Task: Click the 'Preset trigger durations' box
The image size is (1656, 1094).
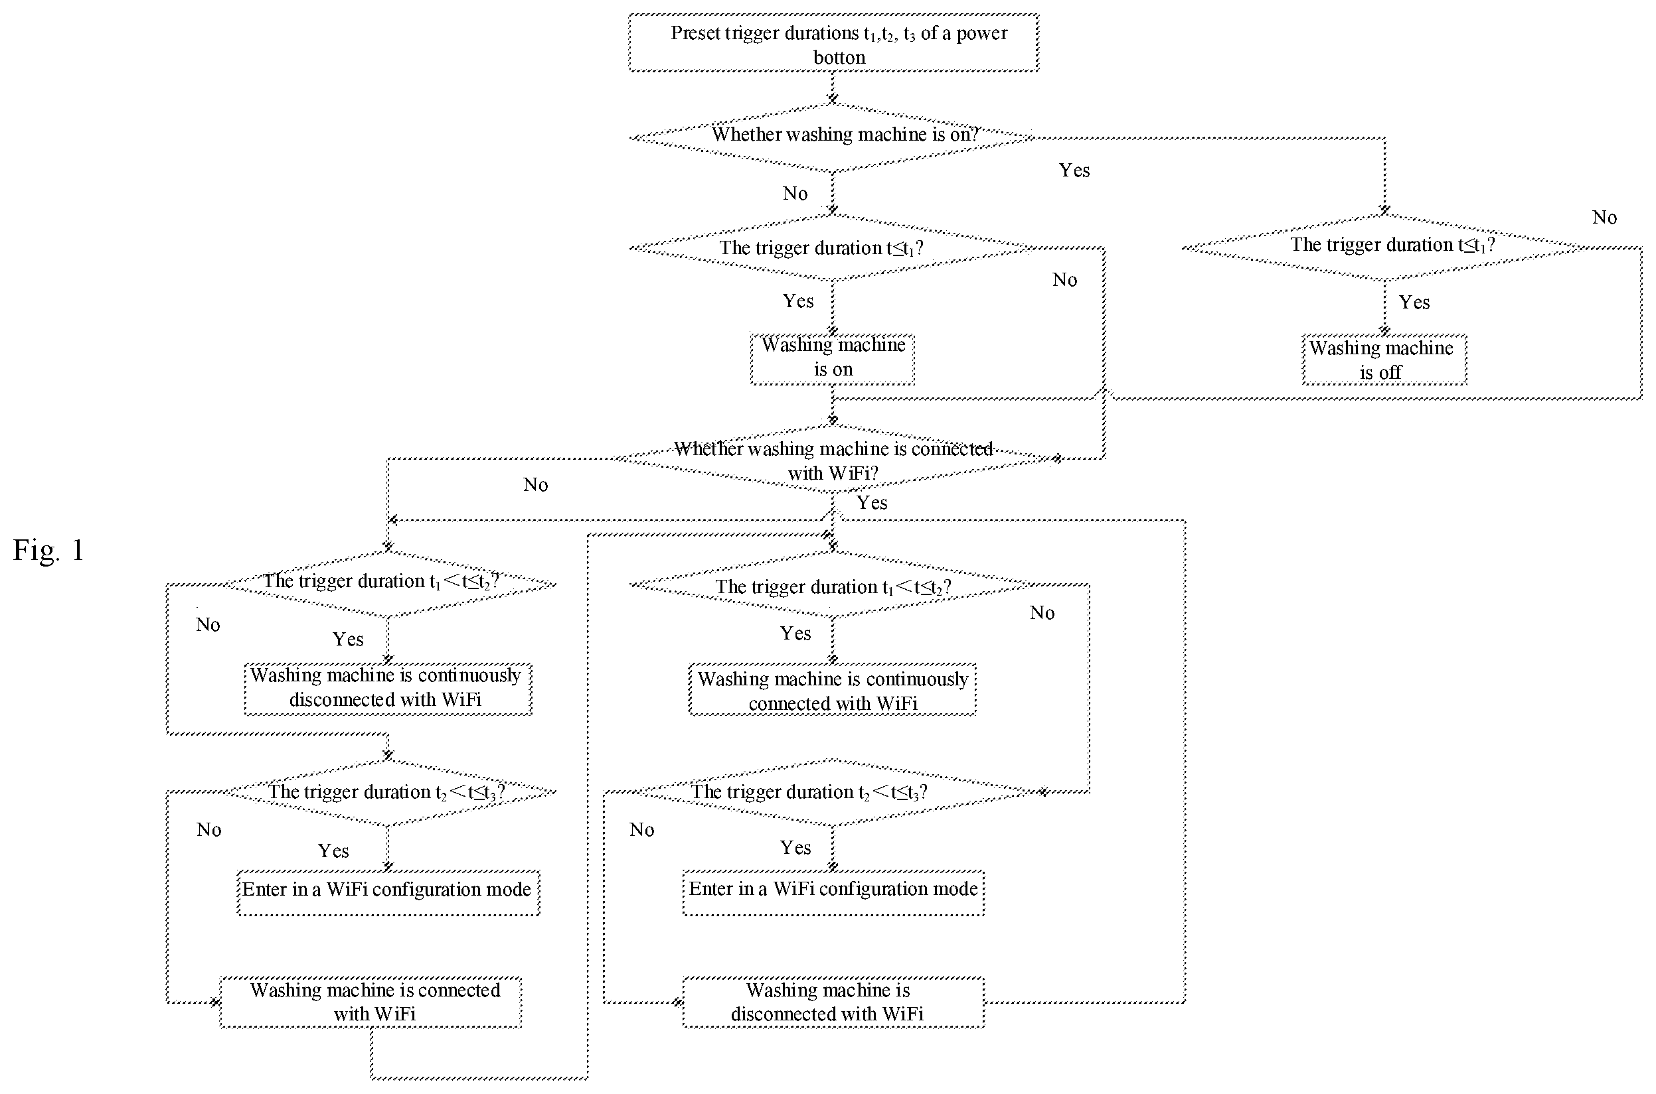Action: click(x=833, y=42)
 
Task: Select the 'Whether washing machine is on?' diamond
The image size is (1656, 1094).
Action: click(x=832, y=137)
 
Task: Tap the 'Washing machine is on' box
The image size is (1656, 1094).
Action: click(x=833, y=360)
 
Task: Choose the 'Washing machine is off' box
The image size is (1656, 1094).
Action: click(x=1384, y=360)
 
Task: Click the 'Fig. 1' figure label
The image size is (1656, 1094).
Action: click(x=49, y=551)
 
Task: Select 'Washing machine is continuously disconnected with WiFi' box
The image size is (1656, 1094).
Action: click(x=388, y=689)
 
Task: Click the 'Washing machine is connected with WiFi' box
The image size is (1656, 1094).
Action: click(x=371, y=1002)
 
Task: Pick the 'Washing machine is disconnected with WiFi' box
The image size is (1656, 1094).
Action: click(x=833, y=1002)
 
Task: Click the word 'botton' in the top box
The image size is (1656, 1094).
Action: click(x=839, y=57)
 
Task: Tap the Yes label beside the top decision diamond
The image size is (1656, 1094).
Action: click(x=1074, y=171)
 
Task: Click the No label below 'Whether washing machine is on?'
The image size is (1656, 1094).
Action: click(x=795, y=193)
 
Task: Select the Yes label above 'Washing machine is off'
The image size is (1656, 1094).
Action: click(x=1414, y=302)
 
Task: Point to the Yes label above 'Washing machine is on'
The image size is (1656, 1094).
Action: click(x=798, y=301)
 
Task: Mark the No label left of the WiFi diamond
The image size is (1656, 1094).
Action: click(x=535, y=485)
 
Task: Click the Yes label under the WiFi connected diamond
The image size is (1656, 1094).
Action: click(x=872, y=503)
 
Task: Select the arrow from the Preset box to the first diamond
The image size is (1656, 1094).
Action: click(x=833, y=87)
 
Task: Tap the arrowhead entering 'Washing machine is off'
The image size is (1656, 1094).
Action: click(x=1385, y=330)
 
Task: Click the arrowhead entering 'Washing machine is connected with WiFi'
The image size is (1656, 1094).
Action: click(x=216, y=1002)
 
